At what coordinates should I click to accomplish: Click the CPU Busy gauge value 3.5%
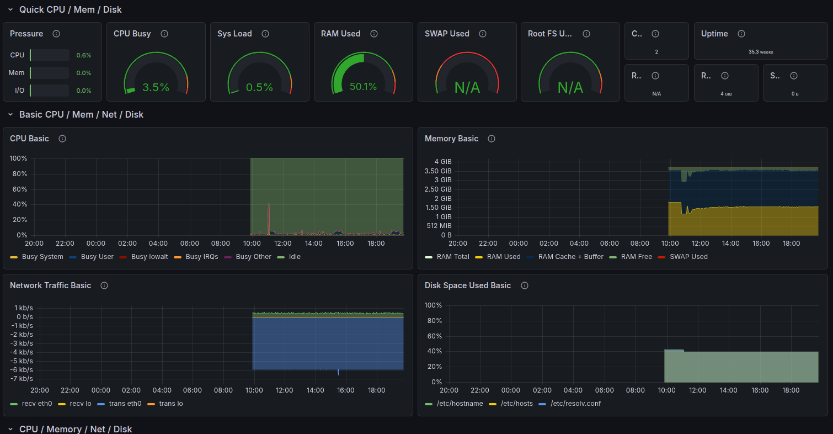[x=156, y=87]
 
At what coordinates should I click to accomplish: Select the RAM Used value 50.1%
[x=363, y=87]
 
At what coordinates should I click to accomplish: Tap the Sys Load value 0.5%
[x=259, y=87]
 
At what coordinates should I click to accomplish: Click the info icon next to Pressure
[x=56, y=34]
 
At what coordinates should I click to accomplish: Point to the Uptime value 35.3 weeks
[x=761, y=52]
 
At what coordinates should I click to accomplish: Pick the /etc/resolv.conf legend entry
[x=575, y=404]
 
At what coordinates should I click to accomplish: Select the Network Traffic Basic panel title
[x=50, y=285]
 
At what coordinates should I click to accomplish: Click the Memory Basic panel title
[x=451, y=139]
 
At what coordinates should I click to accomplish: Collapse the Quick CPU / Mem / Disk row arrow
[x=10, y=9]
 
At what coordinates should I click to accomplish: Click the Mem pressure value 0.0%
[x=83, y=73]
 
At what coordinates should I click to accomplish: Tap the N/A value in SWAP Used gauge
[x=467, y=87]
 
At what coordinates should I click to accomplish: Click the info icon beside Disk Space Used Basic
[x=525, y=285]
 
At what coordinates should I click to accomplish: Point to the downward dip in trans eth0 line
[x=338, y=374]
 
